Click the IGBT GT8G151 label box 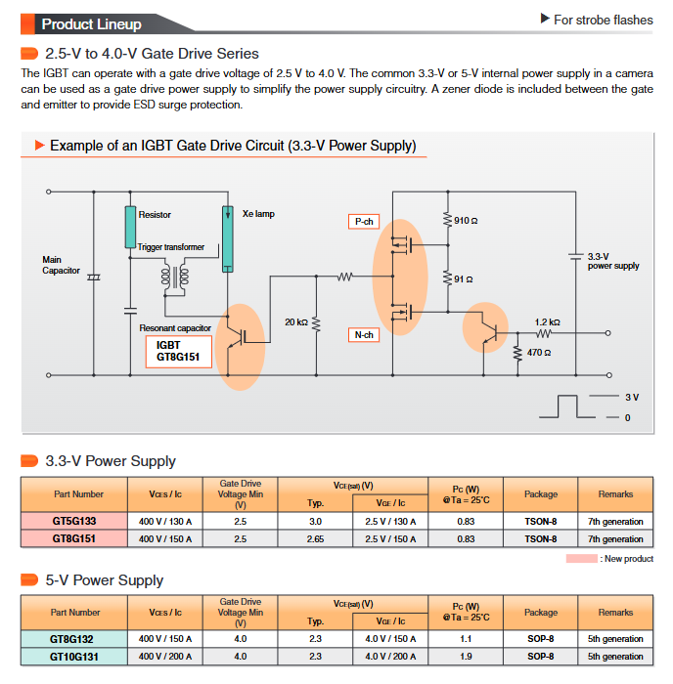(178, 351)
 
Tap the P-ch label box (364, 222)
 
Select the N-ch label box (364, 335)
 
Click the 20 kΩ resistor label (296, 321)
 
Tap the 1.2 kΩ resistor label (547, 321)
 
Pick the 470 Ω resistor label (538, 352)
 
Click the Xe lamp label (258, 214)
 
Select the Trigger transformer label (171, 247)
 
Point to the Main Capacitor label (61, 265)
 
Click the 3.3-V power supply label (613, 261)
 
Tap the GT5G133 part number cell (74, 522)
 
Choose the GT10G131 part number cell (74, 657)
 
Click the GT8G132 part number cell (74, 639)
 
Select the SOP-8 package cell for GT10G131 (540, 657)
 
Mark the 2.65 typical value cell (315, 538)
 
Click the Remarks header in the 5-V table (615, 613)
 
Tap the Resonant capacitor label (175, 328)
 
